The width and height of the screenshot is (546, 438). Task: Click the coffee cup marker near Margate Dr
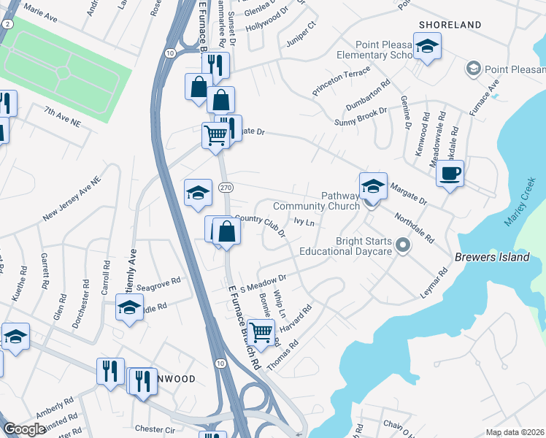(450, 174)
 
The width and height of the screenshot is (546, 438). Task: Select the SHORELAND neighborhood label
(450, 25)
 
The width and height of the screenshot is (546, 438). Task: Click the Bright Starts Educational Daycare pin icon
(401, 246)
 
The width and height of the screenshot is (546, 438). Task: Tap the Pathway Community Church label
(316, 201)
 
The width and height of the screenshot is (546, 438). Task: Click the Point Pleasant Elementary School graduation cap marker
(426, 48)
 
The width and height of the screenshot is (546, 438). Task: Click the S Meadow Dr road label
(262, 282)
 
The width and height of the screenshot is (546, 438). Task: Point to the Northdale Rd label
(414, 228)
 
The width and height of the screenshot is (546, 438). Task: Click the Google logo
(24, 429)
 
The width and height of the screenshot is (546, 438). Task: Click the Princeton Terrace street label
(341, 81)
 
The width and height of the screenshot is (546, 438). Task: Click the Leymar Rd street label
(434, 283)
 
